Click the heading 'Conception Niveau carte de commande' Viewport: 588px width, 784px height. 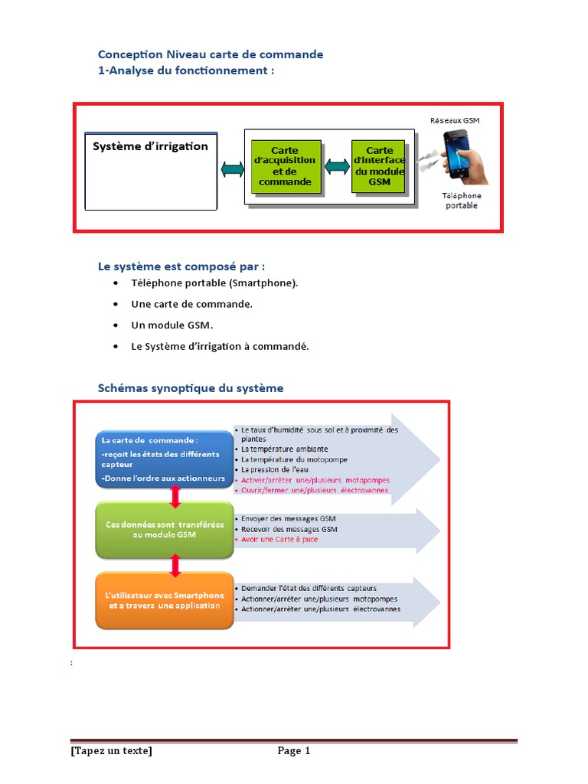point(211,54)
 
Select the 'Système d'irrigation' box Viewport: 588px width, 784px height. point(150,170)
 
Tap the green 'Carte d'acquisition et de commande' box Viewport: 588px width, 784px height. point(286,167)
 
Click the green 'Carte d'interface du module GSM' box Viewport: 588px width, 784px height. point(378,167)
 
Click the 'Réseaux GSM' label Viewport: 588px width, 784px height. point(455,120)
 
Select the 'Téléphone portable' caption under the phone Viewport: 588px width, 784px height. point(462,201)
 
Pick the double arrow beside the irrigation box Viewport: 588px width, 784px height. point(231,169)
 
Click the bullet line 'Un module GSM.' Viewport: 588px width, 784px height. point(171,325)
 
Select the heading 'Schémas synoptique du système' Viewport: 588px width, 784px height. point(191,388)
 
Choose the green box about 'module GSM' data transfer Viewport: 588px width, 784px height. point(165,529)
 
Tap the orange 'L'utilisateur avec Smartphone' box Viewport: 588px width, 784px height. point(165,600)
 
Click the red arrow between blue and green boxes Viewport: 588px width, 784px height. point(175,496)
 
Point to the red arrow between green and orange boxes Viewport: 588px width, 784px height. point(175,566)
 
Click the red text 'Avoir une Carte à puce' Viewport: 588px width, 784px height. point(279,540)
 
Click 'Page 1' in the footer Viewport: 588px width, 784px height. point(294,751)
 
